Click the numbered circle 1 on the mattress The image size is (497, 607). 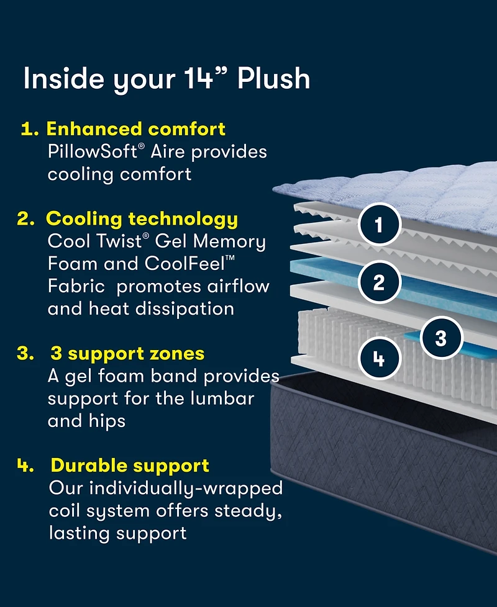coord(378,224)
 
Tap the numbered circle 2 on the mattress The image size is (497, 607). coord(378,283)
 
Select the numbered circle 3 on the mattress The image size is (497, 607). coord(440,338)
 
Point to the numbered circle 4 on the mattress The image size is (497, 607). coord(379,359)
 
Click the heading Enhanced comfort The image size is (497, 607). coord(136,129)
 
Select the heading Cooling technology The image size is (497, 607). coord(142,219)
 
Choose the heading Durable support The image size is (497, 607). coord(130,465)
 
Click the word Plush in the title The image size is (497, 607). coord(274,79)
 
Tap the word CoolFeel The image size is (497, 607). coord(194,264)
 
